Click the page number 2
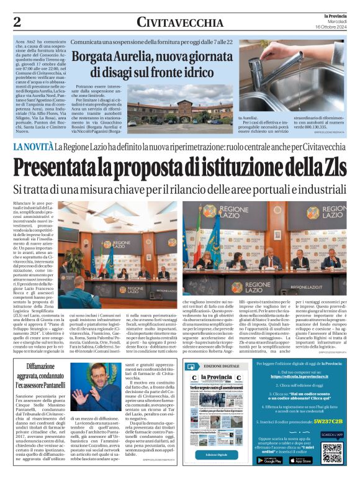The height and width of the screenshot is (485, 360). (x=17, y=22)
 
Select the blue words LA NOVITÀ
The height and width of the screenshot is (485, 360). (x=32, y=147)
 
